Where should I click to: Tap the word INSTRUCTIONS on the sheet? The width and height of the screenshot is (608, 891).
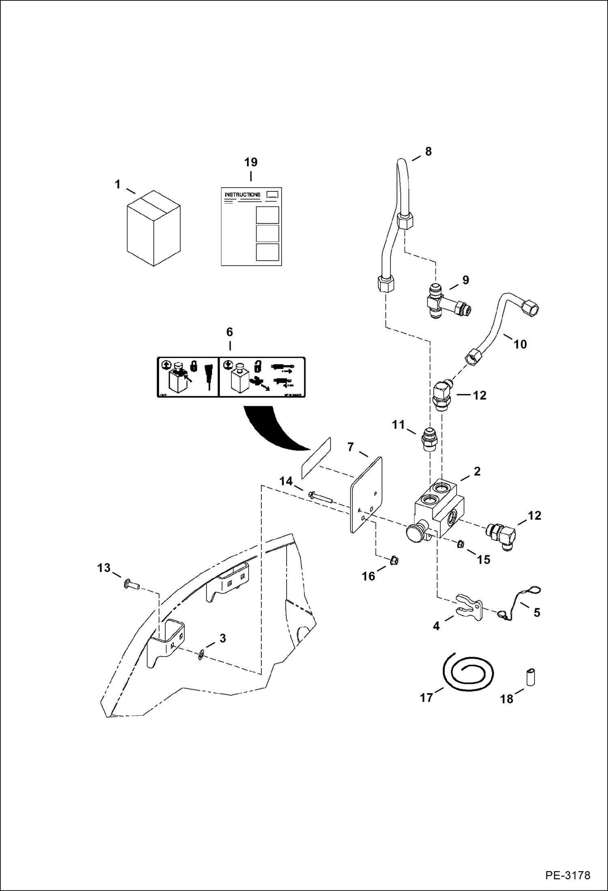[x=242, y=195]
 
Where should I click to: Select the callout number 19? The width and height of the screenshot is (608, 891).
[x=251, y=162]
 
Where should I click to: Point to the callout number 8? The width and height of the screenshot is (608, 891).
[x=428, y=152]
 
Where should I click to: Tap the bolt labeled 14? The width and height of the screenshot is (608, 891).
[x=320, y=498]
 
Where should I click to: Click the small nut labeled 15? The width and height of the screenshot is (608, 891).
[x=460, y=544]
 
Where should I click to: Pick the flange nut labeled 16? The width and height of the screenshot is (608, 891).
[x=394, y=561]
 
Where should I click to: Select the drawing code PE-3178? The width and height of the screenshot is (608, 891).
[x=567, y=875]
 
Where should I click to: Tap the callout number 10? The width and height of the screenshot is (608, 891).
[x=520, y=345]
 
